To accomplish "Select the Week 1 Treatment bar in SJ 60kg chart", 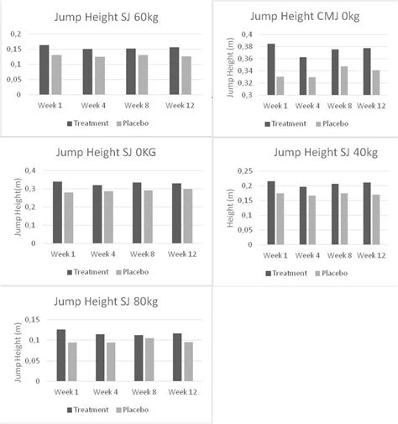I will [x=44, y=70].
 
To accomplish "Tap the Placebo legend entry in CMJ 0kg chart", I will [x=333, y=123].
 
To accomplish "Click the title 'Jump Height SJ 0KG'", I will [x=102, y=153].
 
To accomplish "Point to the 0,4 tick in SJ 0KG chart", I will [x=32, y=170].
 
